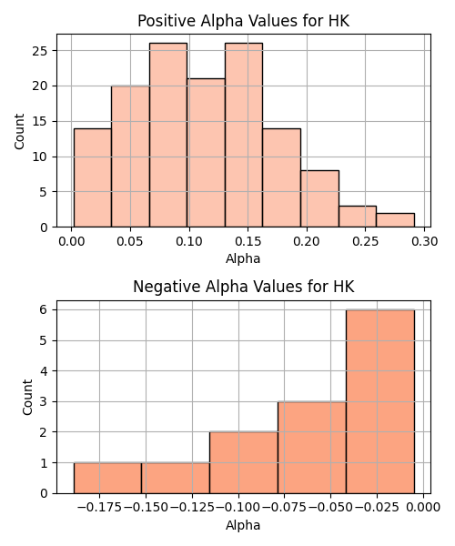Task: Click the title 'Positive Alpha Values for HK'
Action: pyautogui.click(x=243, y=21)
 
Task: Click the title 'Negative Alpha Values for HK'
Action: pyautogui.click(x=243, y=287)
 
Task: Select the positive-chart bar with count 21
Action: pyautogui.click(x=206, y=153)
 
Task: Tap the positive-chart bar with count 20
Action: pyautogui.click(x=130, y=157)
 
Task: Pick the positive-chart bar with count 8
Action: pyautogui.click(x=319, y=198)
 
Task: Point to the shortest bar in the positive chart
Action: pyautogui.click(x=395, y=220)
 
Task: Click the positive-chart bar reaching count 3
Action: pyautogui.click(x=358, y=217)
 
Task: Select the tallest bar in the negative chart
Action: pyautogui.click(x=380, y=401)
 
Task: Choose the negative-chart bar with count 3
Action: pyautogui.click(x=312, y=448)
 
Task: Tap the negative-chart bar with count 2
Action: pyautogui.click(x=244, y=463)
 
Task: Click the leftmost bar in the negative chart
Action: pyautogui.click(x=107, y=478)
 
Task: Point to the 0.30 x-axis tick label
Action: pyautogui.click(x=424, y=241)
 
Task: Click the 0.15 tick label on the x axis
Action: pyautogui.click(x=248, y=241)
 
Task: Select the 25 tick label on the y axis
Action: pyautogui.click(x=40, y=51)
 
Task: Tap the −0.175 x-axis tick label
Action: pyautogui.click(x=99, y=508)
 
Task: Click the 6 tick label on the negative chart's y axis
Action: pyautogui.click(x=44, y=309)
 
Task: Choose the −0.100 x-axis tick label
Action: pyautogui.click(x=238, y=508)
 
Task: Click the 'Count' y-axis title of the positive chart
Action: pyautogui.click(x=19, y=131)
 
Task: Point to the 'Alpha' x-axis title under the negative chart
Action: pyautogui.click(x=243, y=525)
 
